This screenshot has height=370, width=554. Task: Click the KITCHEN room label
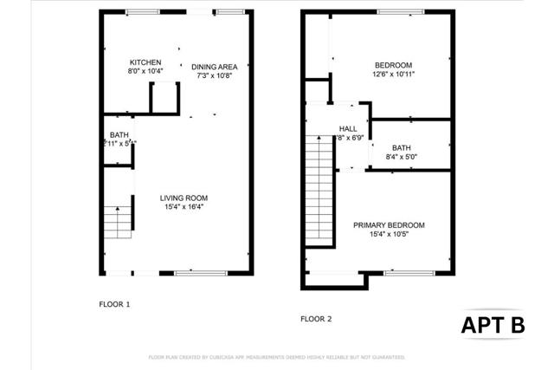coord(145,62)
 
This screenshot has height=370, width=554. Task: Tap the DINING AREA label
coord(214,67)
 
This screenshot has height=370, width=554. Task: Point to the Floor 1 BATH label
coord(118,134)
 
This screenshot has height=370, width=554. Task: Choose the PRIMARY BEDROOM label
coord(389,225)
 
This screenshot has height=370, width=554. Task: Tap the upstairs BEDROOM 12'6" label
coord(393,65)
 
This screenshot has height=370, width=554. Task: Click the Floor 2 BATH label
coord(401,147)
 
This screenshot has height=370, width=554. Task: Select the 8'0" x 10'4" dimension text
coord(145,71)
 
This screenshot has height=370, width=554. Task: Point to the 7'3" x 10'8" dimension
coord(214,75)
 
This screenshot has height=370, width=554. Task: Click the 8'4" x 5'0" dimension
coord(401,157)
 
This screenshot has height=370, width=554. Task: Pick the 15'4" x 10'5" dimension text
coord(389,235)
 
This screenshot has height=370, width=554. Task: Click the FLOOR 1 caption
coord(114,304)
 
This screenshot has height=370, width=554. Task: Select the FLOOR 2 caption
coord(316,319)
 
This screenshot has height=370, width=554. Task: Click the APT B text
coord(492,325)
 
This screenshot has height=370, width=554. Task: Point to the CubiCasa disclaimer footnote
coord(276,357)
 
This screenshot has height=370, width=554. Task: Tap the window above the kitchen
coord(144,11)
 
